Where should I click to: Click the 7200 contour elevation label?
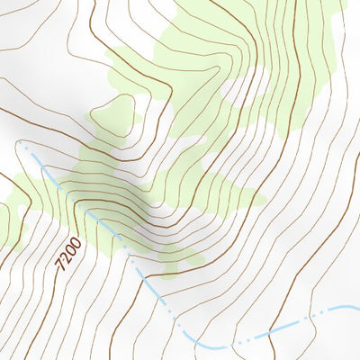[67, 254]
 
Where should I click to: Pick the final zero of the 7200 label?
[75, 242]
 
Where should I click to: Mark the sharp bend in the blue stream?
[209, 345]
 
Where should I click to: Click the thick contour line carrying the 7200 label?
[45, 297]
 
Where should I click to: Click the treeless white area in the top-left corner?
[45, 36]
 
